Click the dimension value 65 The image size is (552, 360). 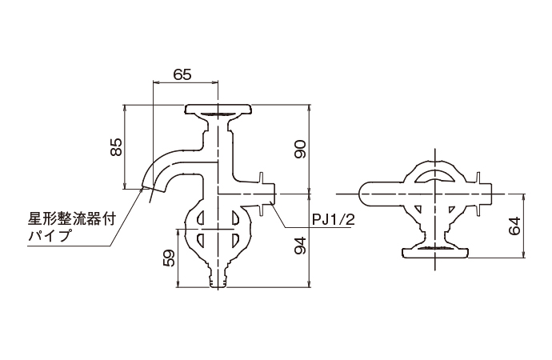pos(182,74)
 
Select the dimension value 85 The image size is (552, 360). pos(117,147)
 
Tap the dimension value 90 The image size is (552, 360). pos(300,150)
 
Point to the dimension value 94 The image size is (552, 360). pos(300,246)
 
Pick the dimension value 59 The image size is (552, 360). pos(170,258)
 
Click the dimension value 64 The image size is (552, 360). pos(514,226)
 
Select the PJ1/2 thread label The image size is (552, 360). pos(334,220)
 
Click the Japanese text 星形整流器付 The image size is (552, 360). pos(72,220)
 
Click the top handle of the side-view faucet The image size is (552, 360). pos(218,110)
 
